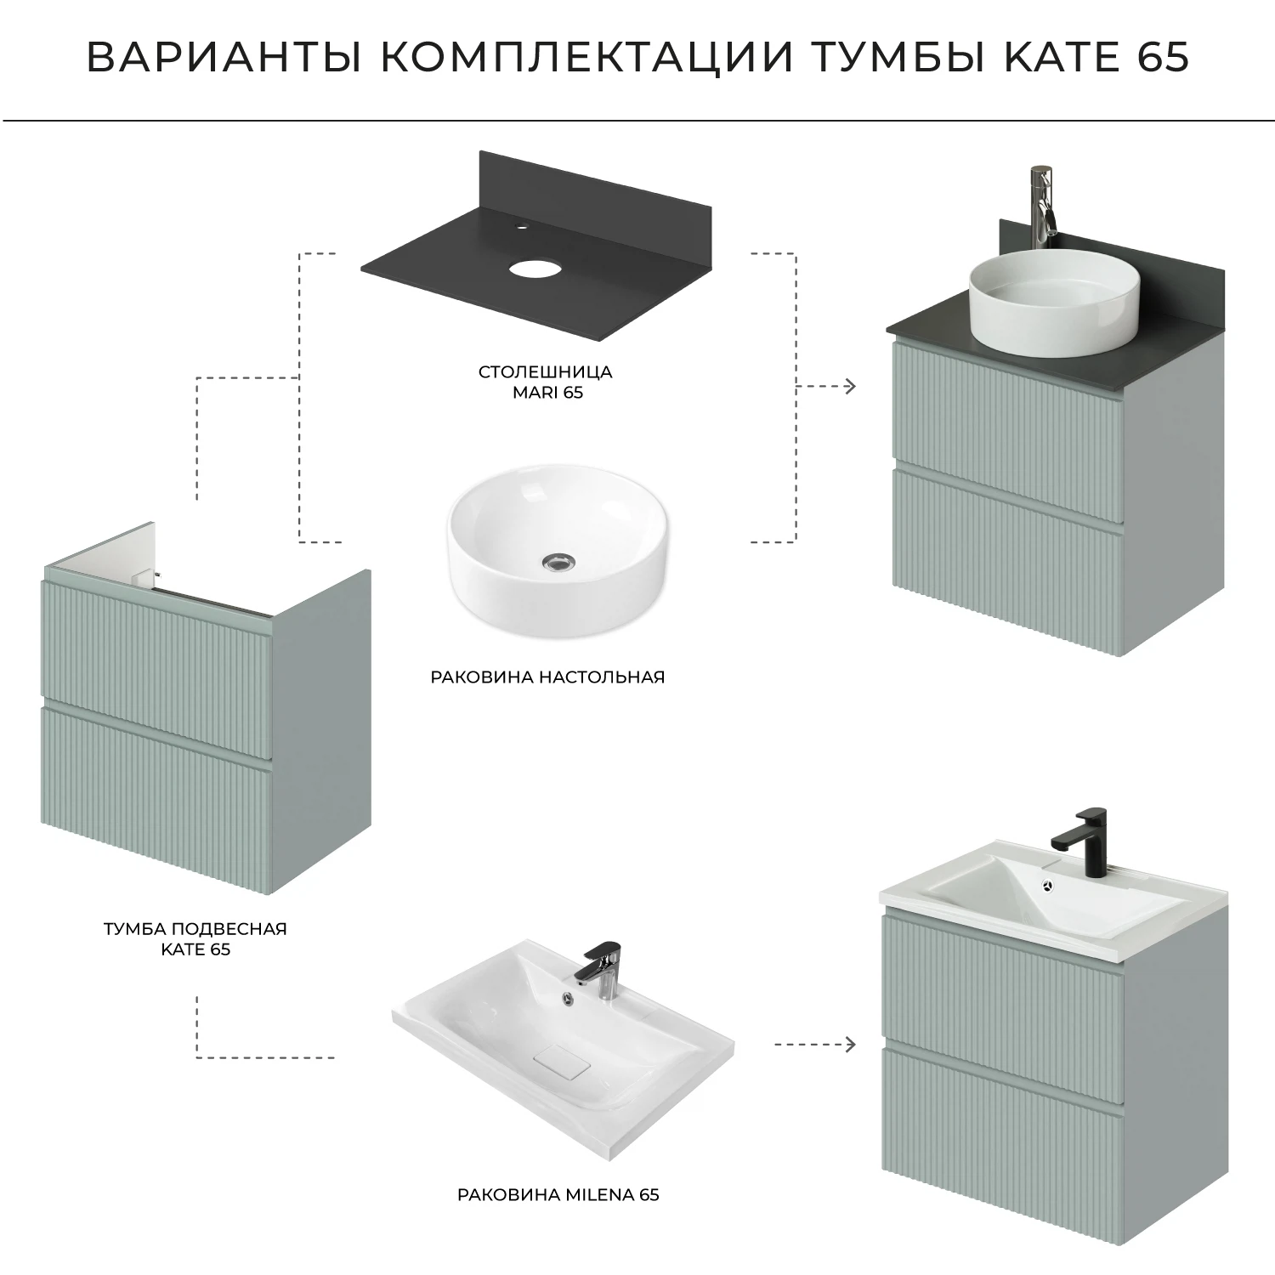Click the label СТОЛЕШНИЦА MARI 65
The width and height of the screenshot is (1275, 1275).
point(545,382)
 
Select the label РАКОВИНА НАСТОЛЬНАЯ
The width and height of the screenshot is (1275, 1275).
point(547,677)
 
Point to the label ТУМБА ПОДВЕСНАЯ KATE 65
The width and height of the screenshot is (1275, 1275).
point(195,938)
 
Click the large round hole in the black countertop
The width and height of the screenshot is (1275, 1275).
point(531,269)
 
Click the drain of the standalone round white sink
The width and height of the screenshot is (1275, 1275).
point(557,561)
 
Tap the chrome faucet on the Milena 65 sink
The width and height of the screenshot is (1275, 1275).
point(601,969)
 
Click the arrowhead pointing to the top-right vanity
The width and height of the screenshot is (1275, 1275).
point(850,387)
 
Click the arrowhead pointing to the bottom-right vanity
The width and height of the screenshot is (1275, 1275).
point(850,1044)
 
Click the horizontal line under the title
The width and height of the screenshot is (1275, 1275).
point(637,122)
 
